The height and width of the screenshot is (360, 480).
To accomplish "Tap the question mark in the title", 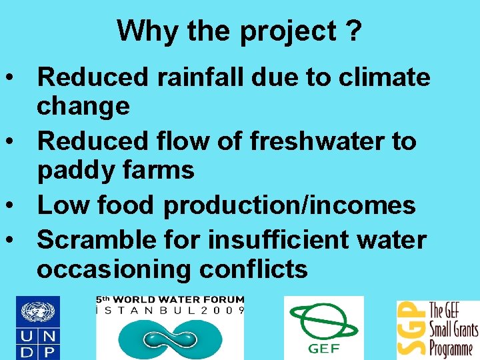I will [354, 31].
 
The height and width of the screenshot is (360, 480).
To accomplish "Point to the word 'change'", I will [83, 106].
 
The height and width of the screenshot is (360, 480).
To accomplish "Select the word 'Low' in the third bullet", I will [62, 205].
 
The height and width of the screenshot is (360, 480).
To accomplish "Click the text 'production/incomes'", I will [289, 205].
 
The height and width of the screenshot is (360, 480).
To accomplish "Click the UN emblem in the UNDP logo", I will [39, 312].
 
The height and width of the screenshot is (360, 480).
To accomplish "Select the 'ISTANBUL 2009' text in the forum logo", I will [171, 311].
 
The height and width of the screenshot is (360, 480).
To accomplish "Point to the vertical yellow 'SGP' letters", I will [411, 329].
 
